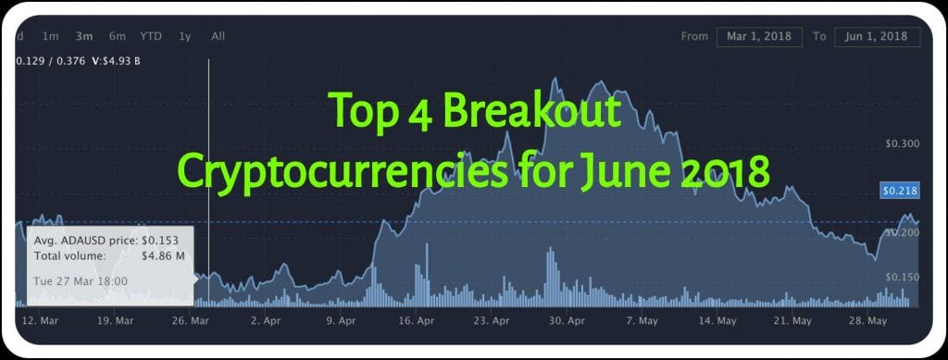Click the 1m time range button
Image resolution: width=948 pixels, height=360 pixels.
(51, 37)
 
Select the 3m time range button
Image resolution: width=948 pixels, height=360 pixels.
(84, 37)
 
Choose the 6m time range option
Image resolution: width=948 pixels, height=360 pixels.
(117, 37)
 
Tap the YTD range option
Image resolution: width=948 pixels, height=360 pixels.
(151, 37)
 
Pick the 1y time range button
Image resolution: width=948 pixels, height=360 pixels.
(185, 37)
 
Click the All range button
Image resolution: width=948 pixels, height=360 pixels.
(218, 37)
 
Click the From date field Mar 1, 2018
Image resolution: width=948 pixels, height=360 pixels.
(758, 37)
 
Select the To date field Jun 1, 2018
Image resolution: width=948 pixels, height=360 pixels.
(876, 37)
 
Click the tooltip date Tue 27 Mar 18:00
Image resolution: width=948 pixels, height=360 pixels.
(81, 280)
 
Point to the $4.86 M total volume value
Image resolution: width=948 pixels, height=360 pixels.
(167, 255)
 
